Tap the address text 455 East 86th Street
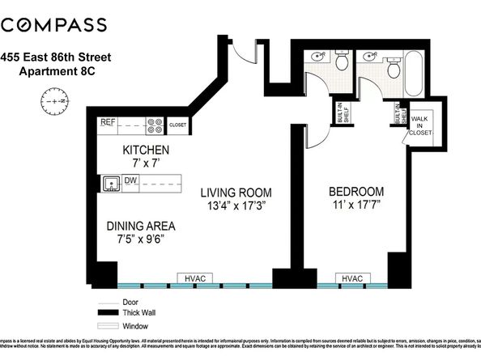tap(62, 57)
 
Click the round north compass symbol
tap(50, 102)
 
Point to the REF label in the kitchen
tap(108, 123)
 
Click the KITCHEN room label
tap(145, 150)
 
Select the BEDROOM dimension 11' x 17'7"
tap(355, 205)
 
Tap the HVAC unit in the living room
tap(194, 278)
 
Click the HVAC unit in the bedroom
tap(351, 278)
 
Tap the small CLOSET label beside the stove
tap(177, 125)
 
